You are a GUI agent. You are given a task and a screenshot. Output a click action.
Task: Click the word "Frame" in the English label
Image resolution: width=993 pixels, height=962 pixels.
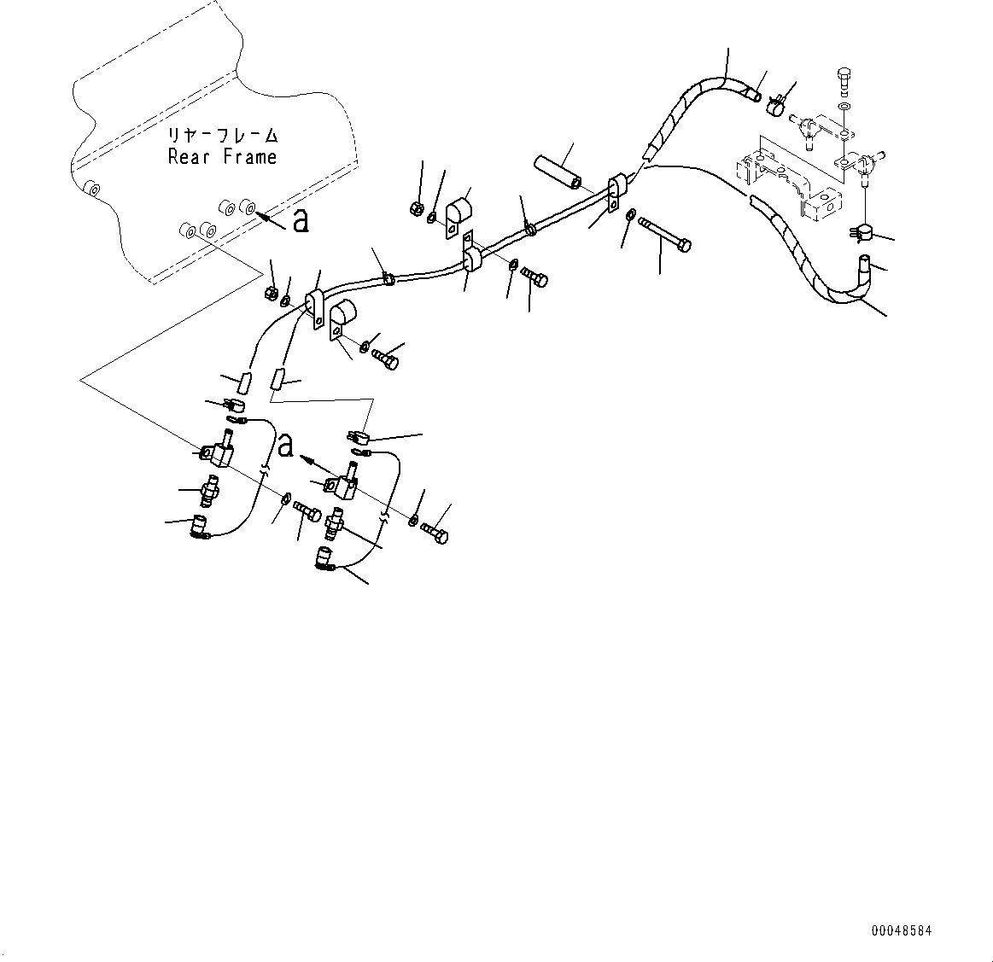pos(250,157)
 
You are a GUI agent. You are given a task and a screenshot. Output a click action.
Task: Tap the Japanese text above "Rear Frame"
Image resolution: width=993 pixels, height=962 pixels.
pos(223,136)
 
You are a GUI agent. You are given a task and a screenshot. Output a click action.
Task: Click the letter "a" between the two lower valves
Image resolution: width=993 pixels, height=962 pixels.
pos(286,445)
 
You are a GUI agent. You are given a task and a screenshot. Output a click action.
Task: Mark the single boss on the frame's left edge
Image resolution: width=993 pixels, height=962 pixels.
pos(91,188)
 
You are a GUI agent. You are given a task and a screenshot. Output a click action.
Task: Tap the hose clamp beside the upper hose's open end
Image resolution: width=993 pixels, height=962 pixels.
pos(776,106)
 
